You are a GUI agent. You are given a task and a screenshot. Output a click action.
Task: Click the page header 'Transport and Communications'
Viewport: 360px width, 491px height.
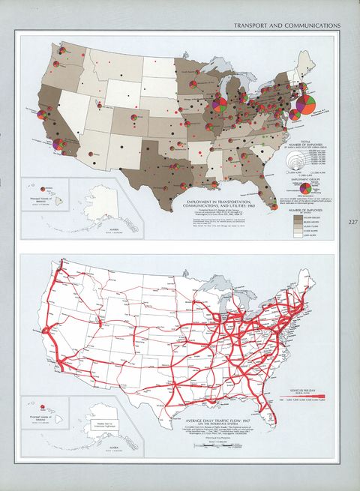pos(287,25)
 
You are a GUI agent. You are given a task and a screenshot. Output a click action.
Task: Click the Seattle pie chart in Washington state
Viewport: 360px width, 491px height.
pos(62,52)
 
